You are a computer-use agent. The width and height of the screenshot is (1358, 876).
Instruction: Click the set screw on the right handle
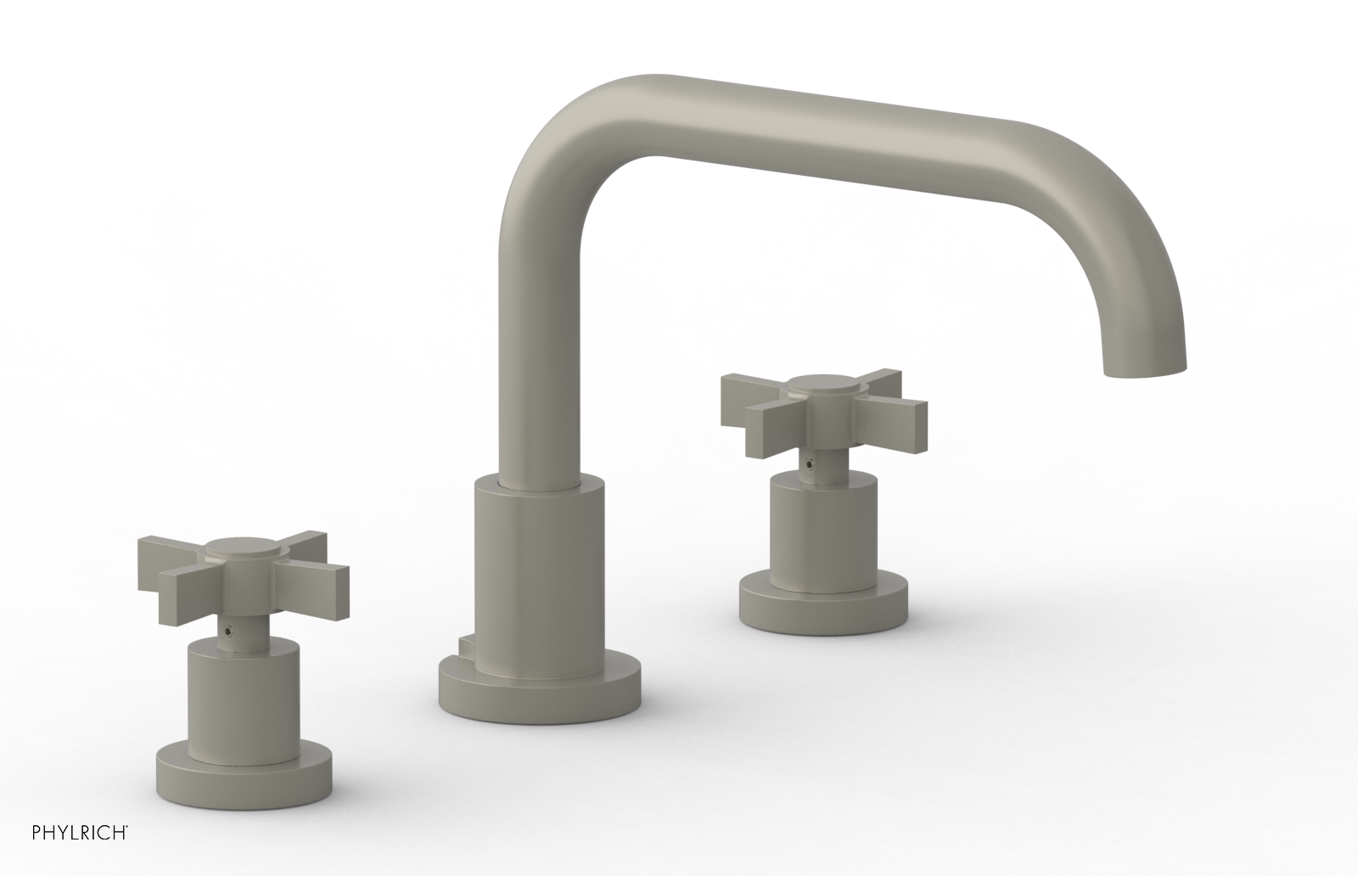pyautogui.click(x=812, y=465)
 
